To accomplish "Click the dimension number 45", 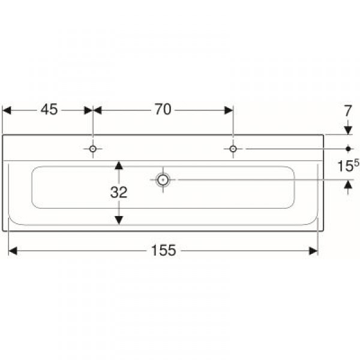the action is [49, 110].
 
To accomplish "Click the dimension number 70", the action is [163, 109].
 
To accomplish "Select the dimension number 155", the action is [163, 250].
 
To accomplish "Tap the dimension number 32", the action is [118, 193].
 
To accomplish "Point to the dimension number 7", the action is [348, 111].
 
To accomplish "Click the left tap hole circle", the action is [93, 149].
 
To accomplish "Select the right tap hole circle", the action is [233, 149].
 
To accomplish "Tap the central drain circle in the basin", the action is [163, 180].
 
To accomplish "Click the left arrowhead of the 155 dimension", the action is [13, 251].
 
